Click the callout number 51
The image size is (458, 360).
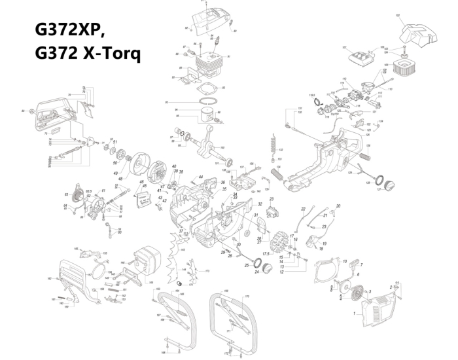(115, 142)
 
